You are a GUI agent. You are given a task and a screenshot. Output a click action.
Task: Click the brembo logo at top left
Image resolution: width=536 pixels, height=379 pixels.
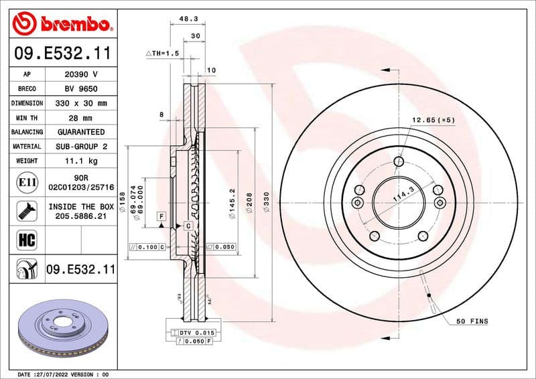click(x=62, y=24)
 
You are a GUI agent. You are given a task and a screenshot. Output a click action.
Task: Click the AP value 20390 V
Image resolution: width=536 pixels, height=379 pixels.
click(x=80, y=74)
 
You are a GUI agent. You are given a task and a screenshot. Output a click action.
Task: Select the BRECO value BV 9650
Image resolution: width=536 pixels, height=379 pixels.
click(x=80, y=88)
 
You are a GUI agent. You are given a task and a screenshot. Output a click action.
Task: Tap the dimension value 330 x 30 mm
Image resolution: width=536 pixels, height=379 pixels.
click(x=80, y=103)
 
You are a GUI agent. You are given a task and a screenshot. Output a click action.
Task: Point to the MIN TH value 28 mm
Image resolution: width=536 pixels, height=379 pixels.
click(x=80, y=118)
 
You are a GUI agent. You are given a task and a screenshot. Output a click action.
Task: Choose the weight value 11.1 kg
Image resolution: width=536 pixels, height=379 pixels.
click(x=80, y=161)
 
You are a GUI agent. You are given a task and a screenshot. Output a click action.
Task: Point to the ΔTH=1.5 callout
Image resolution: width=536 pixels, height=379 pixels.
click(x=163, y=52)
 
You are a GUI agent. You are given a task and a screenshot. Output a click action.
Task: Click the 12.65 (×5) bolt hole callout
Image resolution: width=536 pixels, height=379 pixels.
click(x=433, y=120)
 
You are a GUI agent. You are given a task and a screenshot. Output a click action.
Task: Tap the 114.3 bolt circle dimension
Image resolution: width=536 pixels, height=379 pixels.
click(x=403, y=196)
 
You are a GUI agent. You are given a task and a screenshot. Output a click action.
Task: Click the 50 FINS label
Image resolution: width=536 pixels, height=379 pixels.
click(x=472, y=321)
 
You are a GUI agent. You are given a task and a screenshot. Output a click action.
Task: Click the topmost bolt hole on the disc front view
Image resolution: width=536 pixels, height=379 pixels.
click(x=399, y=161)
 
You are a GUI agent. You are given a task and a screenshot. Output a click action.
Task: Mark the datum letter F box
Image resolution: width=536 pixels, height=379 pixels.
click(x=161, y=216)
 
